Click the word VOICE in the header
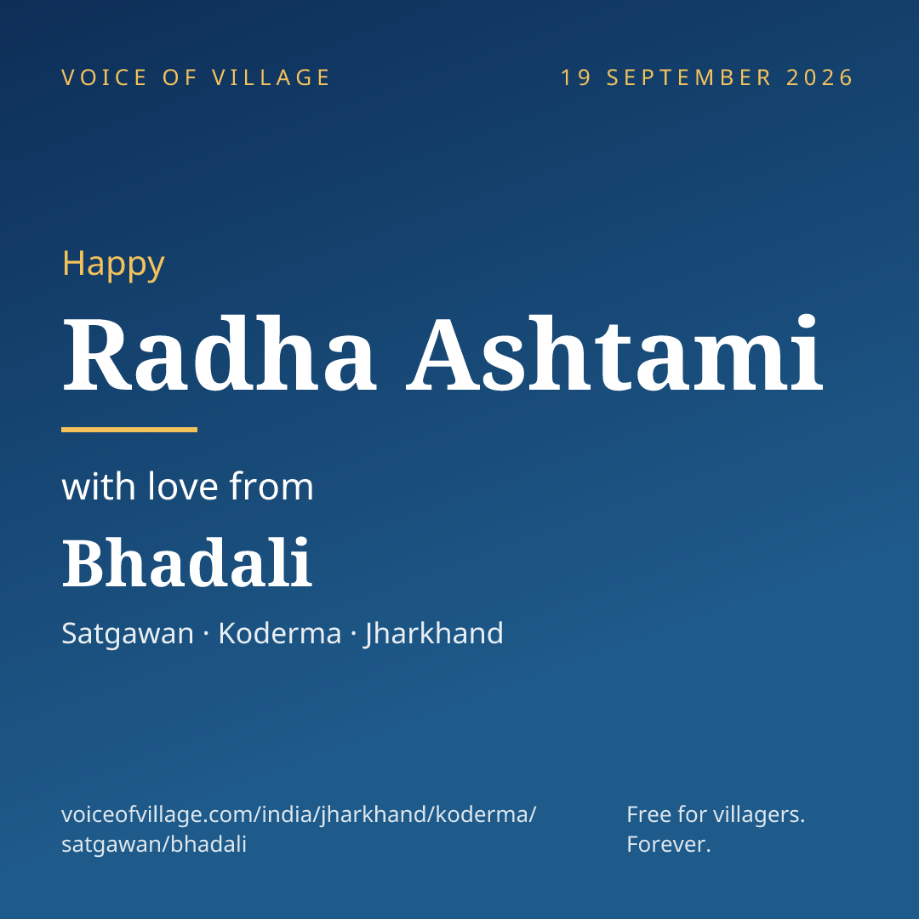(x=105, y=77)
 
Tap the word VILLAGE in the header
(x=271, y=77)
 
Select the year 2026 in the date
(x=819, y=77)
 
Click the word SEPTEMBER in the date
(x=689, y=77)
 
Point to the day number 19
(x=576, y=77)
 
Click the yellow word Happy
(x=113, y=265)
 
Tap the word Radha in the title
(x=219, y=353)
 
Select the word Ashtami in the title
(x=615, y=353)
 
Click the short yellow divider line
(x=129, y=430)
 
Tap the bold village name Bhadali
(x=187, y=562)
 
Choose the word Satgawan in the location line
(x=128, y=634)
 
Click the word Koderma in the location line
(x=280, y=633)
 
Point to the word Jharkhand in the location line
(x=434, y=634)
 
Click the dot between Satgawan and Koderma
(x=206, y=634)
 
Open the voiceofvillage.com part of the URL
(x=155, y=814)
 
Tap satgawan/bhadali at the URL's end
(x=154, y=845)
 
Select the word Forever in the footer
(x=669, y=845)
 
